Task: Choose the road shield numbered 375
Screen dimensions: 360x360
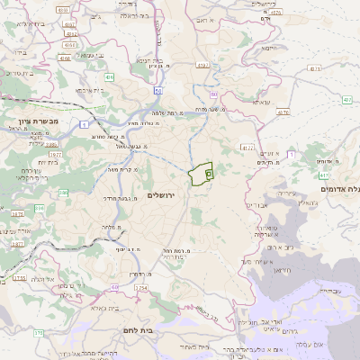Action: (x=38, y=333)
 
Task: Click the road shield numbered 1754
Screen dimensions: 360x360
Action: (x=141, y=287)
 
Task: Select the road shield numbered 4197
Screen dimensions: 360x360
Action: (x=248, y=146)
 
